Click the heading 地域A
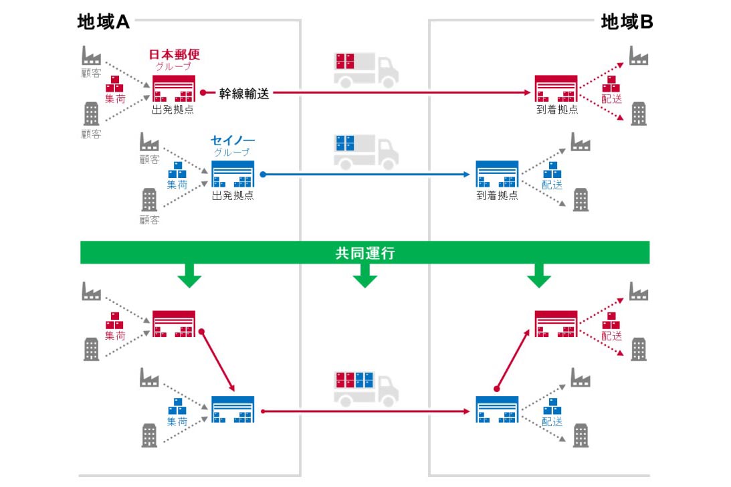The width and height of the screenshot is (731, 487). [103, 22]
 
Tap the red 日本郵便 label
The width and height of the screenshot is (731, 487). [174, 55]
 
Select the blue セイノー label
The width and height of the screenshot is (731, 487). [232, 141]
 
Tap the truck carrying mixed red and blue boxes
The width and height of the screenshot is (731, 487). [365, 389]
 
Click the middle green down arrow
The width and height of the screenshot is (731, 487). [364, 276]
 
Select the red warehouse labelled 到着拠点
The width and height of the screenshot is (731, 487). [556, 89]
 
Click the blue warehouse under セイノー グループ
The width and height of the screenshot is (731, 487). [233, 174]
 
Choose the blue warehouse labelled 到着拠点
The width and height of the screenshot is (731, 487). [497, 175]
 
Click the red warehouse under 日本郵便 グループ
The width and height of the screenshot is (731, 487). [173, 89]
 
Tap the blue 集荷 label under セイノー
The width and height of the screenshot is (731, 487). [177, 185]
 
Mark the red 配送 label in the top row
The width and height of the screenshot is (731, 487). [612, 98]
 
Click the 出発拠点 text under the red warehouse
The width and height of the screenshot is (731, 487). [173, 110]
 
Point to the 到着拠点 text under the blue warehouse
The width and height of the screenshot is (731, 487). [497, 196]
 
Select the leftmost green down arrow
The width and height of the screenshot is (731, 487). [189, 276]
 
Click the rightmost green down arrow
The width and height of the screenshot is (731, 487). [539, 276]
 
